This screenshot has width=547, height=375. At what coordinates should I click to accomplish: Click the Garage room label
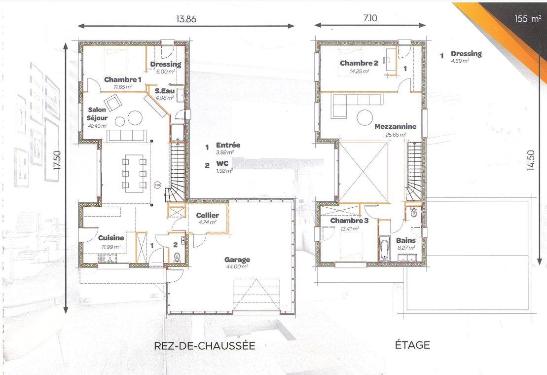pyautogui.click(x=237, y=260)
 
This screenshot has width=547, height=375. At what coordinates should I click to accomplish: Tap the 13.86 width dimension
pyautogui.click(x=186, y=19)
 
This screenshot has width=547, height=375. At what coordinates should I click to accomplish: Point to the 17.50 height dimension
pyautogui.click(x=57, y=160)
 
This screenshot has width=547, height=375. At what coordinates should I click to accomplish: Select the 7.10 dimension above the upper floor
pyautogui.click(x=370, y=18)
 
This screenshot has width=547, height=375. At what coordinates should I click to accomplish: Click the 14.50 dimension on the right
pyautogui.click(x=531, y=160)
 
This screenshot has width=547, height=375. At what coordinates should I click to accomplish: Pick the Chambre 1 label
pyautogui.click(x=122, y=79)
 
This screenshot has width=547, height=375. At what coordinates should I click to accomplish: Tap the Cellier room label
pyautogui.click(x=208, y=216)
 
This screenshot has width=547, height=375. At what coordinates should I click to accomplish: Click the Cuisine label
pyautogui.click(x=111, y=238)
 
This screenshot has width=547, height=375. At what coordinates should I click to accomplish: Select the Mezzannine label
pyautogui.click(x=395, y=126)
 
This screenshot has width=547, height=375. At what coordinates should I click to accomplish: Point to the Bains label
pyautogui.click(x=406, y=240)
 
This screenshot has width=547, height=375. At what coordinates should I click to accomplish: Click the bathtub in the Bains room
pyautogui.click(x=384, y=248)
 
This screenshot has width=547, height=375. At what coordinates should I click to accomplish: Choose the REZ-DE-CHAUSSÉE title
pyautogui.click(x=205, y=346)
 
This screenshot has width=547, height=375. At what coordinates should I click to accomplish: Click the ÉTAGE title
pyautogui.click(x=412, y=345)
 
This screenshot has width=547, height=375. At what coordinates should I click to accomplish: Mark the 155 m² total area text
pyautogui.click(x=528, y=18)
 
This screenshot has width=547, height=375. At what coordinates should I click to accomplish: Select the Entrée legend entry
pyautogui.click(x=228, y=145)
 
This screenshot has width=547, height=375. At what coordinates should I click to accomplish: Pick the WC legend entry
pyautogui.click(x=222, y=163)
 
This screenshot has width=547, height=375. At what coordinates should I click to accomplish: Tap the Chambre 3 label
pyautogui.click(x=349, y=221)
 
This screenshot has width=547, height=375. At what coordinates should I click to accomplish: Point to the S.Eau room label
pyautogui.click(x=165, y=91)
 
